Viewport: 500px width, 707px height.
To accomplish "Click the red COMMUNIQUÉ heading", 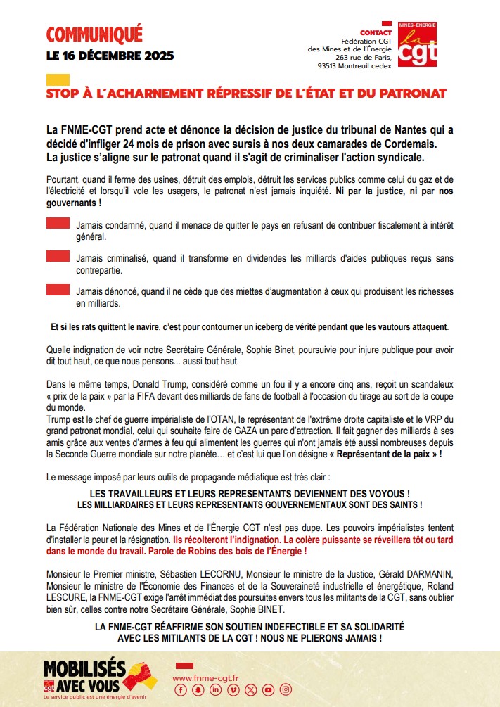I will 94,33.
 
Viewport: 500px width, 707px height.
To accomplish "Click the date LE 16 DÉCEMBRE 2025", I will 110,56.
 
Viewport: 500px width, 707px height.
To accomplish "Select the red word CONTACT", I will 376,33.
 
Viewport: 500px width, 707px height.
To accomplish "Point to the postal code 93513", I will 330,67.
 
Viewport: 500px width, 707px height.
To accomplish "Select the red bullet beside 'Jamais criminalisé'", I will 58,257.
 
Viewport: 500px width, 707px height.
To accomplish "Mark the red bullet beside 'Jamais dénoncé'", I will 58,289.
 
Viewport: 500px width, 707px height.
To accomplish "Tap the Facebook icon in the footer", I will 180,689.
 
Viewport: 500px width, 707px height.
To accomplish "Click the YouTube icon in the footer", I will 268,689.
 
